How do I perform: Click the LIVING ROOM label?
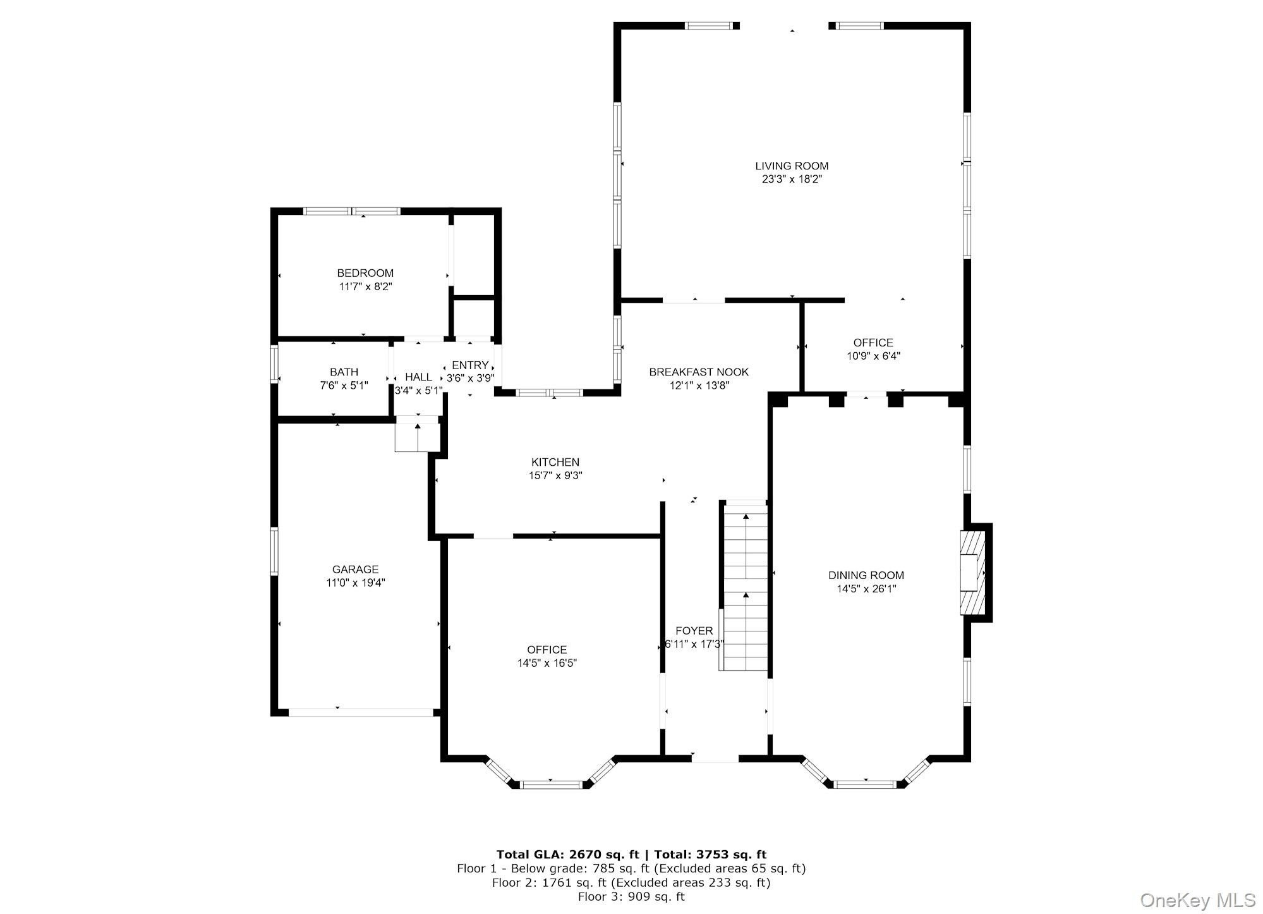tap(792, 166)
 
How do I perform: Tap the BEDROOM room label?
tap(365, 273)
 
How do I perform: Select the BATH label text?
tap(344, 372)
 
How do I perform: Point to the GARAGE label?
tap(355, 570)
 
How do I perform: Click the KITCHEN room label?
tap(555, 463)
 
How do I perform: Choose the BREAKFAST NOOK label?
tap(699, 372)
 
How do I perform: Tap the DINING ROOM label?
tap(866, 575)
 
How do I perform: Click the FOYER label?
tap(694, 631)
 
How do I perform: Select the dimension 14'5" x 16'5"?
tap(547, 663)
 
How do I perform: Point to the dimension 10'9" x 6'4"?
tap(873, 356)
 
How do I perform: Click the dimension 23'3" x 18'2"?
tap(792, 180)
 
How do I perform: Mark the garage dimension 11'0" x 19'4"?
tap(355, 583)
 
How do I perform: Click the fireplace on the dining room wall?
tap(974, 573)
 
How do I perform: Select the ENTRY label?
tap(470, 365)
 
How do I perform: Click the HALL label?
tap(418, 377)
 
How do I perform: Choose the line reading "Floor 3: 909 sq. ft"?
tap(631, 896)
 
